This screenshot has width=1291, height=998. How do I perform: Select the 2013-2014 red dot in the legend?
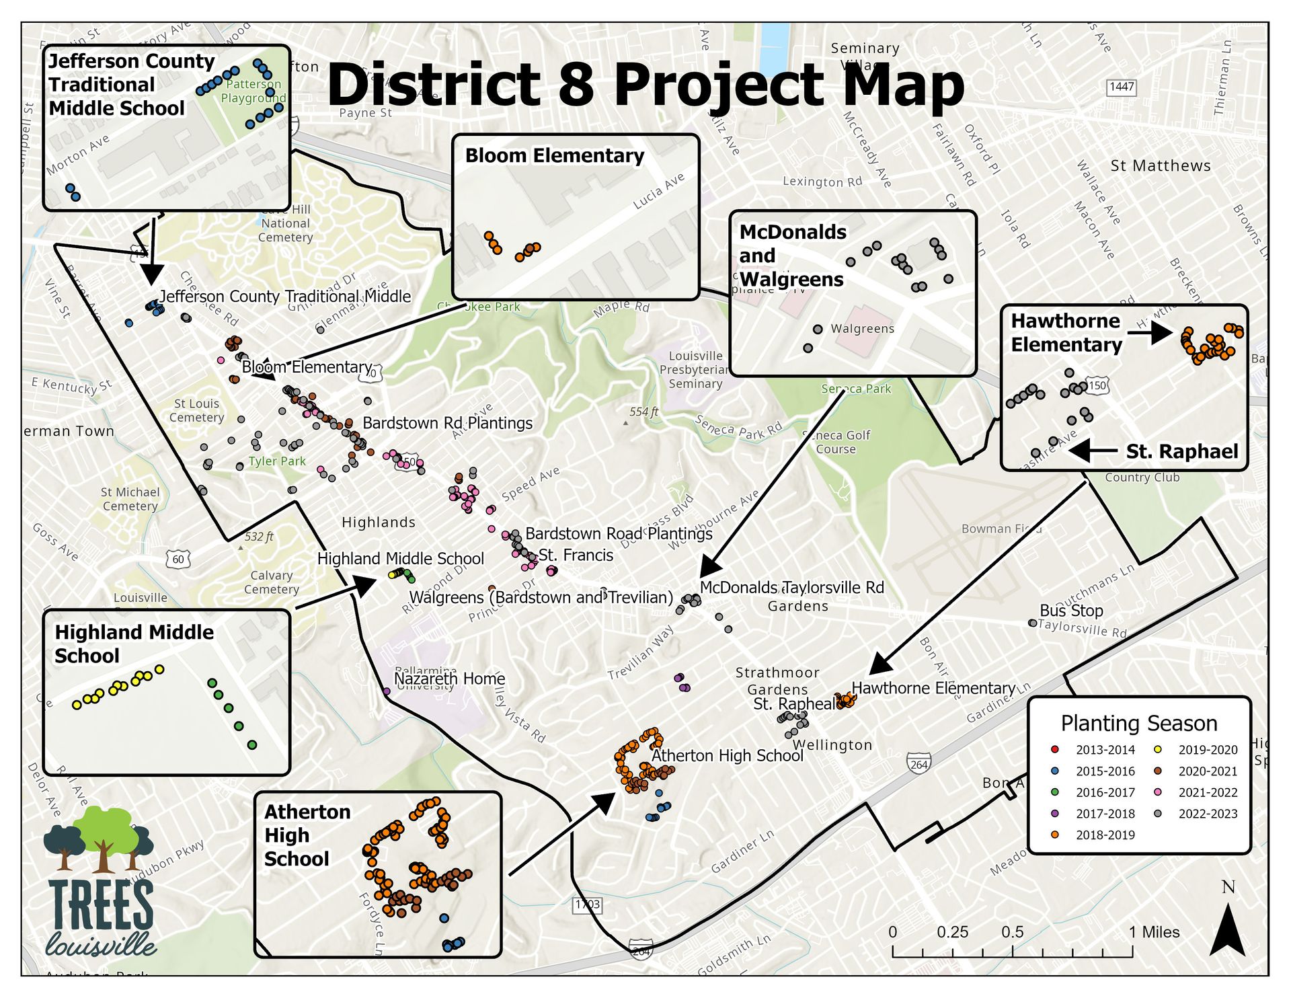pos(1054,749)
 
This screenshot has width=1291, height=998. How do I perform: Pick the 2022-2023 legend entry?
pos(1198,813)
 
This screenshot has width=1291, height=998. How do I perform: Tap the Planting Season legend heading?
pos(1138,723)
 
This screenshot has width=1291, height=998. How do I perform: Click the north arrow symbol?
pos(1227,931)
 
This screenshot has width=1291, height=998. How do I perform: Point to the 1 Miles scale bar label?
pos(1154,932)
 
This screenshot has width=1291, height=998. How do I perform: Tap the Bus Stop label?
pos(1071,611)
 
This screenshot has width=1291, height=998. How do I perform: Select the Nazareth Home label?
pos(449,679)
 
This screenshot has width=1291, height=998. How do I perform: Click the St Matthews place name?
pos(1160,165)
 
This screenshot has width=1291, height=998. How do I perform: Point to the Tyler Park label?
pos(277,461)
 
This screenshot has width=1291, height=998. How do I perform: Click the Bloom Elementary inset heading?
pos(554,156)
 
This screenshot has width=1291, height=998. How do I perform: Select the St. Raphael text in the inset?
pos(1181,451)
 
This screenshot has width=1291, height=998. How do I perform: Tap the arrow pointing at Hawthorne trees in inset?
pos(1150,332)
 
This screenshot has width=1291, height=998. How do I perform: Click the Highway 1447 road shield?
pos(1121,87)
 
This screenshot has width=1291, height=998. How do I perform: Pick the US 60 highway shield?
pos(178,559)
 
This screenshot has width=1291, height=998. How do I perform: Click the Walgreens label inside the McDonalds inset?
pos(862,329)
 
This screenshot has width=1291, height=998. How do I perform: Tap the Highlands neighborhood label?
pos(379,523)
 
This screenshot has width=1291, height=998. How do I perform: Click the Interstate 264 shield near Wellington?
pos(918,764)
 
